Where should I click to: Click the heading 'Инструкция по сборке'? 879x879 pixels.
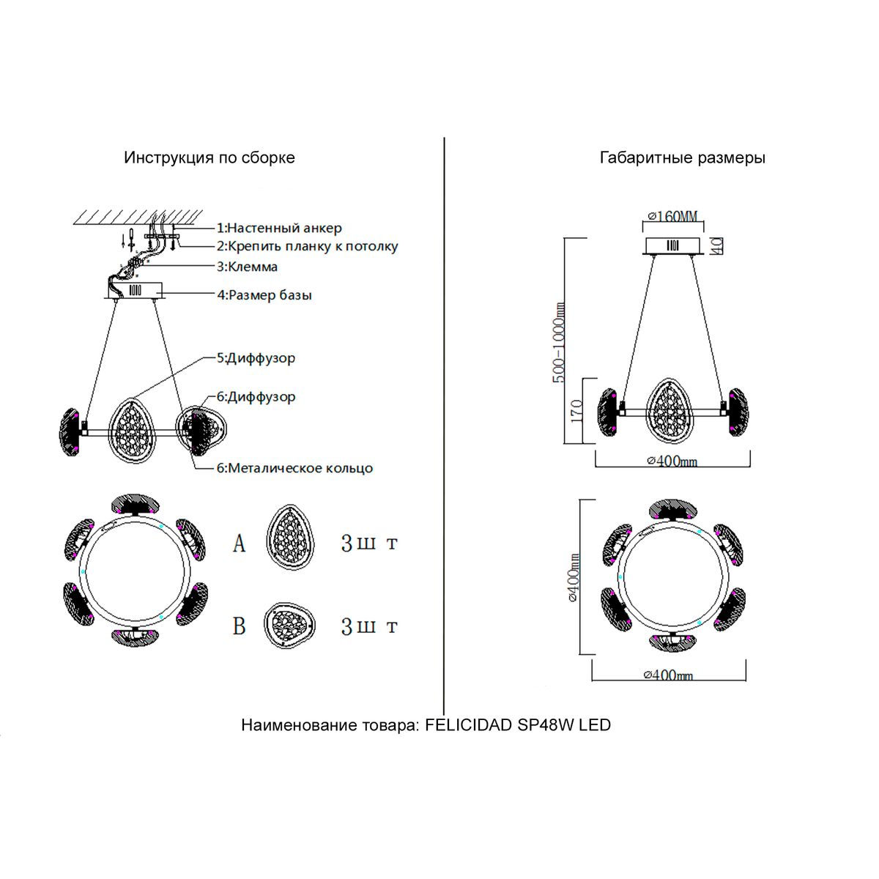(209, 157)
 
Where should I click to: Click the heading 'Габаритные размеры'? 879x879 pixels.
(682, 157)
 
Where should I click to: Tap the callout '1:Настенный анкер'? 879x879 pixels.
(279, 228)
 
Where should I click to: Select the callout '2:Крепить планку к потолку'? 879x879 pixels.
(307, 246)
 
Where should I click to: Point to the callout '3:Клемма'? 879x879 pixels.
(247, 267)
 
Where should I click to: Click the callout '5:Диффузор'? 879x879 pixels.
(256, 358)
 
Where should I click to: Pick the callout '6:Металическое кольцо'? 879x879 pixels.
(294, 468)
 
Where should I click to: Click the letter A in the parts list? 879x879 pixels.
(239, 544)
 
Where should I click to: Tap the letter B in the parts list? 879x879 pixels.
(239, 627)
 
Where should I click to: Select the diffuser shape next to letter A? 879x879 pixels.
(292, 542)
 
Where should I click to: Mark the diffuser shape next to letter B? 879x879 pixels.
(292, 626)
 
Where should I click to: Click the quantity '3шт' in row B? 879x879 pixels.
(369, 627)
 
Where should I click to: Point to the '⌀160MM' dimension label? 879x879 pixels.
(672, 216)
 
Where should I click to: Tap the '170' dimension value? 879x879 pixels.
(576, 411)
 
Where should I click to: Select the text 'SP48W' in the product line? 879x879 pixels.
(549, 725)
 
